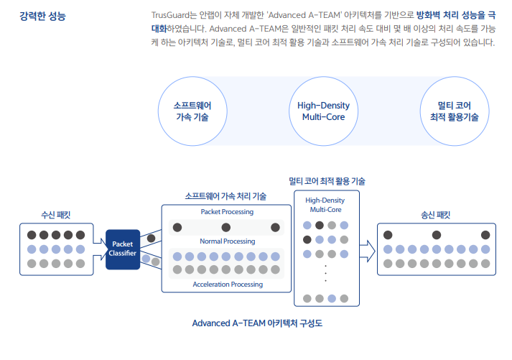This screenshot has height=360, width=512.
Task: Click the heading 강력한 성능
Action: (x=42, y=16)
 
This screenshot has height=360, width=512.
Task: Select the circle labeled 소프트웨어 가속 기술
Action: (x=192, y=111)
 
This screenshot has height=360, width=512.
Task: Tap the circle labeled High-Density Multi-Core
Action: (x=323, y=111)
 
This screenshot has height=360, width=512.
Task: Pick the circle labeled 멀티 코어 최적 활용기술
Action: (x=455, y=111)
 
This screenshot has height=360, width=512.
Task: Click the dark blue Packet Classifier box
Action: (x=123, y=249)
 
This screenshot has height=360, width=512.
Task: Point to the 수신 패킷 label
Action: (x=56, y=215)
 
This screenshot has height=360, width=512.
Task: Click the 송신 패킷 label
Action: (x=436, y=215)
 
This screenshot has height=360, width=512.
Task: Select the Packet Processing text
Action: (x=227, y=212)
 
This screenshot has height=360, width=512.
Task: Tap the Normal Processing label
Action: (x=227, y=241)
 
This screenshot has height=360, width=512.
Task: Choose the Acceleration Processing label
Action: (x=228, y=285)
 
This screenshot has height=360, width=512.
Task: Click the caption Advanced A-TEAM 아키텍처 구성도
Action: (x=257, y=323)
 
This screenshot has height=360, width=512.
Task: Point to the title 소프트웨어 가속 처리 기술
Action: (x=225, y=196)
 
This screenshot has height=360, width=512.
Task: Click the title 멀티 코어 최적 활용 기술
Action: (x=327, y=181)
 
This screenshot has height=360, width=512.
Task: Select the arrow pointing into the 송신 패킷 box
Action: (x=368, y=251)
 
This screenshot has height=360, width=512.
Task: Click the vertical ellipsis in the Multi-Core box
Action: (x=325, y=274)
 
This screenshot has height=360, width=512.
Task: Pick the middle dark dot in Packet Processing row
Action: (x=226, y=227)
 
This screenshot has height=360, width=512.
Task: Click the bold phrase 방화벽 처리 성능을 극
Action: (x=456, y=15)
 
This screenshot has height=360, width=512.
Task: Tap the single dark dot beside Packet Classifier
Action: (x=152, y=238)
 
